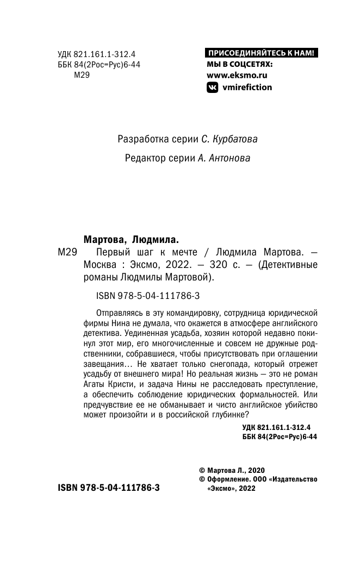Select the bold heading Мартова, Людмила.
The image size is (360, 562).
click(131, 239)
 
